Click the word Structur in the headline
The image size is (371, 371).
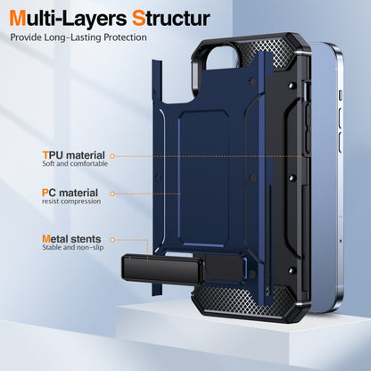click(x=171, y=19)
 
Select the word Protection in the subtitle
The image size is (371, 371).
click(x=125, y=37)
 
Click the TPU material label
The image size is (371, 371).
click(x=74, y=155)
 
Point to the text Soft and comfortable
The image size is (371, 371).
click(x=75, y=163)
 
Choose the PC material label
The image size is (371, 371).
click(x=70, y=193)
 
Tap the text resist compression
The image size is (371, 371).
click(x=71, y=202)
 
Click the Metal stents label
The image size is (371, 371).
click(x=71, y=239)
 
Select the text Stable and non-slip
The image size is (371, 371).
click(x=73, y=247)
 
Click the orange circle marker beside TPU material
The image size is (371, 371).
click(x=112, y=156)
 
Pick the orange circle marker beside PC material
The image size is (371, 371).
click(x=112, y=194)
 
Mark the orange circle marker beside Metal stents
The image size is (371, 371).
click(x=112, y=240)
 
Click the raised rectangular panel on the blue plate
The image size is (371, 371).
click(x=204, y=178)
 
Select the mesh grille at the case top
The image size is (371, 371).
click(x=269, y=51)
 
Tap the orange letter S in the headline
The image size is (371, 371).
click(x=138, y=19)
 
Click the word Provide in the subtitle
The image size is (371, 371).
click(x=26, y=37)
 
